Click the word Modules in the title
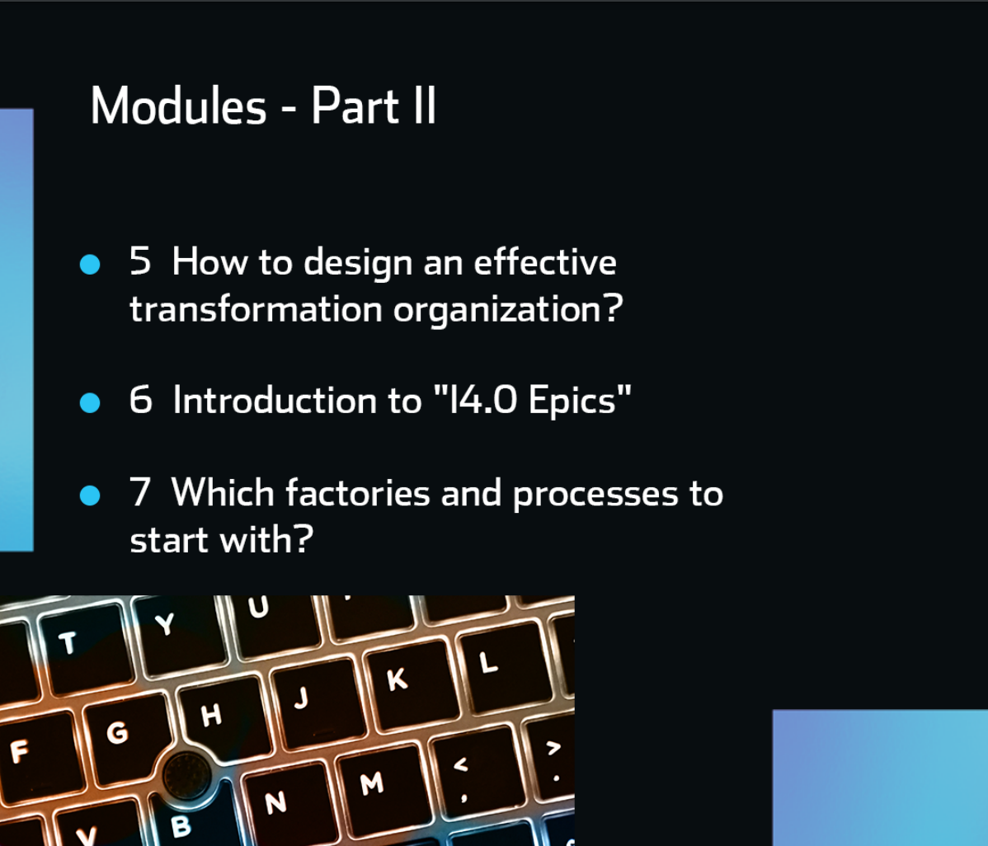(x=178, y=106)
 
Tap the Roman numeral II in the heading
(x=425, y=106)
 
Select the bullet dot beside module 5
(x=90, y=264)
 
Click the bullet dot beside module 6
(x=90, y=402)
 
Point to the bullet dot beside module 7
(x=90, y=495)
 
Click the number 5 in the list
(x=140, y=261)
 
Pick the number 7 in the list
(x=140, y=492)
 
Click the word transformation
(x=256, y=308)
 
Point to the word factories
(x=358, y=492)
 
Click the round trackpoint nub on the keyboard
(x=186, y=774)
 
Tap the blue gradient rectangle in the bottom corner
(x=880, y=778)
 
